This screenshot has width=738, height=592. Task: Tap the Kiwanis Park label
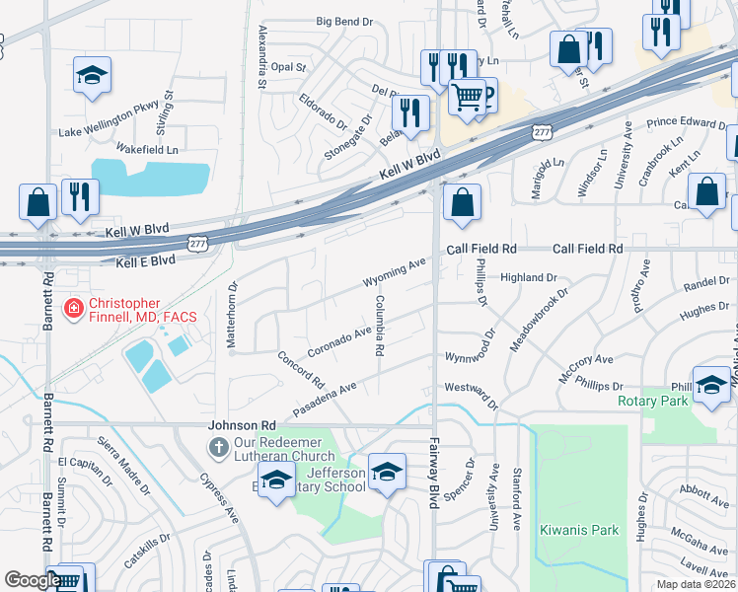(x=579, y=530)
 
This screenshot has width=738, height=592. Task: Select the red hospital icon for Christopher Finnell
(x=73, y=309)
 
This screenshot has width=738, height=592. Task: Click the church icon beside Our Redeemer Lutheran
(x=218, y=448)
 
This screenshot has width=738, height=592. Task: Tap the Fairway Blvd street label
(x=432, y=473)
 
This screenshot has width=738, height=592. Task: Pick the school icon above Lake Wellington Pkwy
(x=92, y=75)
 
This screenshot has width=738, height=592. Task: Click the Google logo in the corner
(x=32, y=580)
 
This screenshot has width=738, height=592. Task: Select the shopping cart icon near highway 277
(x=468, y=97)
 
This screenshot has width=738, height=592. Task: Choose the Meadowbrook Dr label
(x=540, y=320)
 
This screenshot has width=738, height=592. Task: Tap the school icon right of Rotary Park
(x=711, y=386)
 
